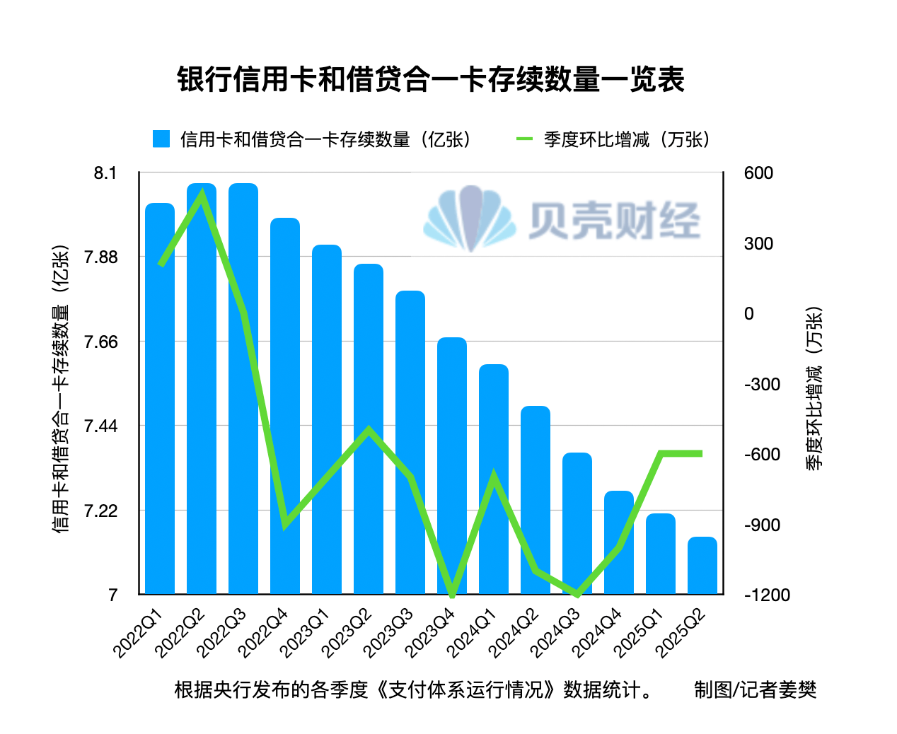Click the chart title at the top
click(430, 79)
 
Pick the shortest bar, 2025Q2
click(702, 565)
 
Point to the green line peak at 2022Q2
click(202, 194)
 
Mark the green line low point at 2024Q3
click(578, 595)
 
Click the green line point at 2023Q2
click(369, 429)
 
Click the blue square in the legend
click(161, 139)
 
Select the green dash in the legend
click(524, 139)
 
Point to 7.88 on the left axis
click(101, 257)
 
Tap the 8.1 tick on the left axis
click(105, 173)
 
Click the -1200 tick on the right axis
click(767, 595)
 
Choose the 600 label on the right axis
click(758, 173)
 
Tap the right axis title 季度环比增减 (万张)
click(814, 388)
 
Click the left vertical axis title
click(61, 388)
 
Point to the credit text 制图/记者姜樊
click(755, 689)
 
